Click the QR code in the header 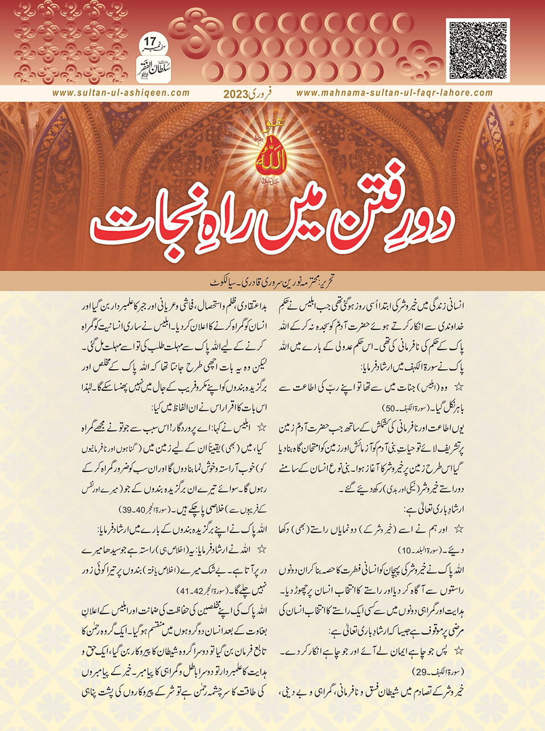[478, 50]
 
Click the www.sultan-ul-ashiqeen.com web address [121, 93]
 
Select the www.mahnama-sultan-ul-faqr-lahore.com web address [394, 93]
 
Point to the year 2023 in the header [236, 95]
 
